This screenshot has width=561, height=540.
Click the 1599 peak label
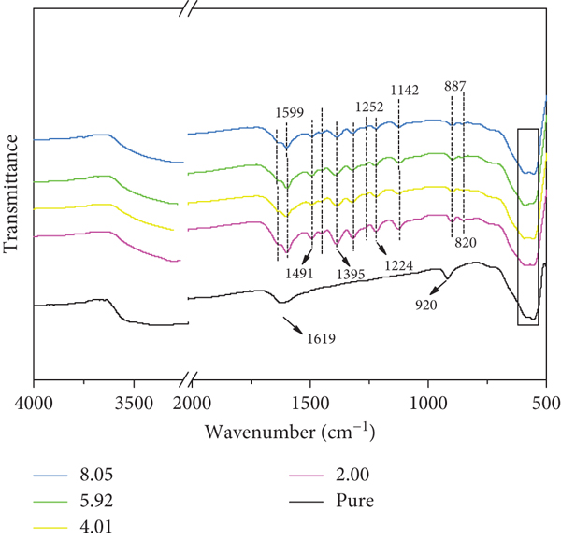pyautogui.click(x=290, y=112)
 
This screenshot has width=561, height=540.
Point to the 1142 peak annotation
pyautogui.click(x=404, y=90)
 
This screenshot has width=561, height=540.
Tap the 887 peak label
pyautogui.click(x=455, y=86)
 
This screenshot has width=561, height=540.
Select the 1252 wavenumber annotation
pyautogui.click(x=369, y=107)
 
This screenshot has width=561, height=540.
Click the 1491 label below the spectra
pyautogui.click(x=299, y=274)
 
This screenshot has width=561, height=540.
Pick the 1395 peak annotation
pyautogui.click(x=351, y=274)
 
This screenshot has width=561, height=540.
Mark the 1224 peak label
pyautogui.click(x=399, y=265)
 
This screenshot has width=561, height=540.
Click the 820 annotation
pyautogui.click(x=466, y=243)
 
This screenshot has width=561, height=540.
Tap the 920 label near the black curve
pyautogui.click(x=426, y=305)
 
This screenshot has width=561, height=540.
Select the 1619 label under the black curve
pyautogui.click(x=322, y=338)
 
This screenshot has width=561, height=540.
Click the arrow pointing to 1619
pyautogui.click(x=294, y=325)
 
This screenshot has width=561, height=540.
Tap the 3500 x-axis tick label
pyautogui.click(x=134, y=404)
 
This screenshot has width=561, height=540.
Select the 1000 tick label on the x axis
pyautogui.click(x=428, y=404)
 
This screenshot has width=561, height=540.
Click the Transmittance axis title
pyautogui.click(x=10, y=194)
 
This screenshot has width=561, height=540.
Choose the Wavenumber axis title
pyautogui.click(x=290, y=431)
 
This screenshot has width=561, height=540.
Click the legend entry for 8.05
pyautogui.click(x=73, y=475)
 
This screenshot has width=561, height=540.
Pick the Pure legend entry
pyautogui.click(x=331, y=501)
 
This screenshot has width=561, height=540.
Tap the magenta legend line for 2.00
pyautogui.click(x=306, y=476)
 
